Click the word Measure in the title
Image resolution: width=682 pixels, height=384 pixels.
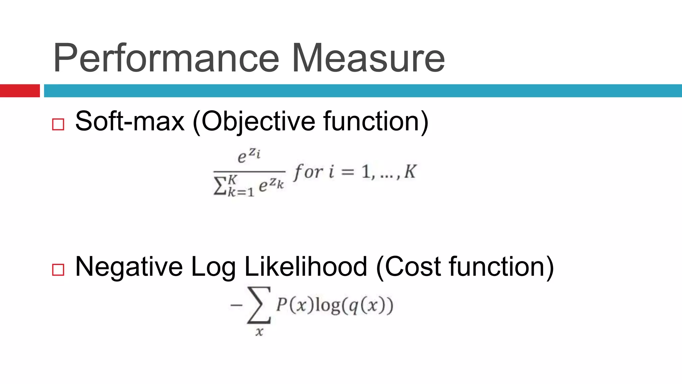pyautogui.click(x=368, y=58)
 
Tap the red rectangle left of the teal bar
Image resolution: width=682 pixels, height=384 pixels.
pyautogui.click(x=20, y=91)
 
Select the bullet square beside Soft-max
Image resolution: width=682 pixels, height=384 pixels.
pyautogui.click(x=58, y=124)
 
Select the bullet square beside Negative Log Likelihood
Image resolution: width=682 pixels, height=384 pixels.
pyautogui.click(x=58, y=270)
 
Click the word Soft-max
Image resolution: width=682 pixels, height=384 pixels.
pyautogui.click(x=130, y=121)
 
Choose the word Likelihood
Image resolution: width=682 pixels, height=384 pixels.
pyautogui.click(x=306, y=266)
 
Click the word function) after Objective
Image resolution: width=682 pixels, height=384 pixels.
pyautogui.click(x=376, y=121)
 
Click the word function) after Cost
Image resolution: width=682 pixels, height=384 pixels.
pyautogui.click(x=502, y=267)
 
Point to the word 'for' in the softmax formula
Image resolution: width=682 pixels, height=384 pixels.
pyautogui.click(x=308, y=172)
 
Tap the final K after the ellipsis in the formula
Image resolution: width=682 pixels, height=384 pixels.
pyautogui.click(x=410, y=172)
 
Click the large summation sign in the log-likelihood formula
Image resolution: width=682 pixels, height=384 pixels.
pyautogui.click(x=259, y=305)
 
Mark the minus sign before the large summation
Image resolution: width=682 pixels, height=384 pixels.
pyautogui.click(x=236, y=305)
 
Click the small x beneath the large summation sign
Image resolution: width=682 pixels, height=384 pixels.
pyautogui.click(x=259, y=332)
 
